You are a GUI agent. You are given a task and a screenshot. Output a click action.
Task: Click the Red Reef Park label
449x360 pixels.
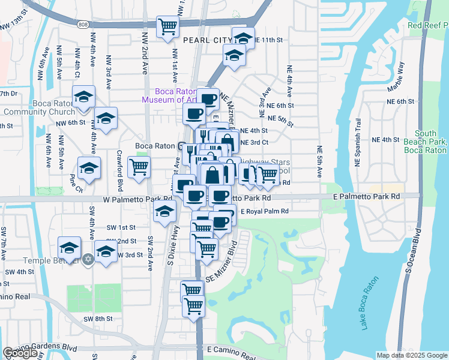point(427,25)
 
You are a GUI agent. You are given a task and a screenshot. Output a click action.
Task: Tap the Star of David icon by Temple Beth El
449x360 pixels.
point(88,259)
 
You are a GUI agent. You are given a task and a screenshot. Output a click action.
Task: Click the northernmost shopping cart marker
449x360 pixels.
point(167,26)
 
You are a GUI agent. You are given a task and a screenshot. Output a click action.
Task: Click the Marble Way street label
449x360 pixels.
point(396,76)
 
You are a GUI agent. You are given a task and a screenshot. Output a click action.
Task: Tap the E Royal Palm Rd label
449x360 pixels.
point(265,212)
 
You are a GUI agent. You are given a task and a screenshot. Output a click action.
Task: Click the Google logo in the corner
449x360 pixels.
point(20,353)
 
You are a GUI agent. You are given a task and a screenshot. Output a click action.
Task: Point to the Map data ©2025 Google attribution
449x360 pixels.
point(412,355)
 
